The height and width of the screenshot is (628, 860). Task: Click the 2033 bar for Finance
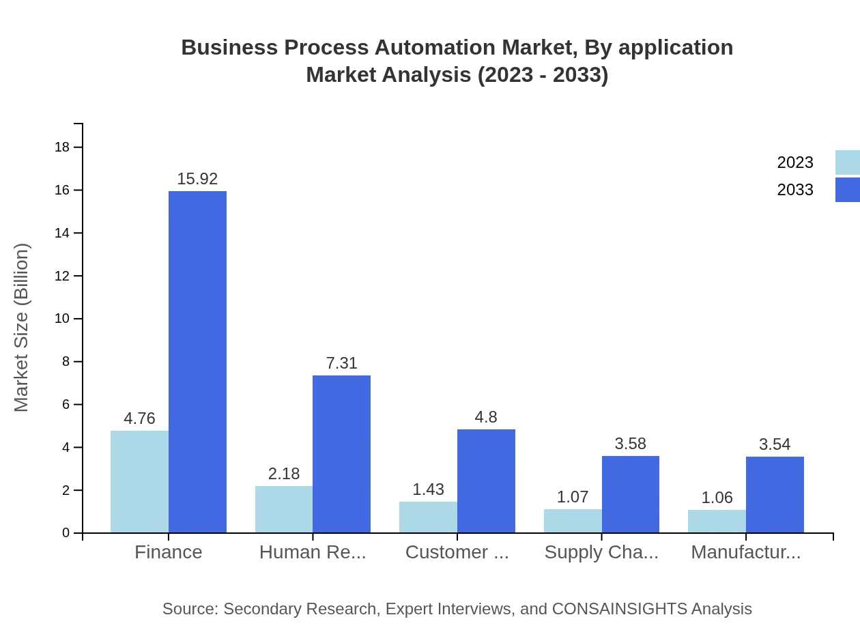tap(197, 362)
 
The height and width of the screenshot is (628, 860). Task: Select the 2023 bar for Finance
tap(139, 481)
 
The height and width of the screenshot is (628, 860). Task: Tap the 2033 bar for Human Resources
tap(341, 454)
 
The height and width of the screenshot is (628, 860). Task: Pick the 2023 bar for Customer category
tap(428, 517)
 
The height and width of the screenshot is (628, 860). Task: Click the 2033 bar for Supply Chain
tap(630, 494)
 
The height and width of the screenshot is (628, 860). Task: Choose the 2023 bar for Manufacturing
tap(717, 521)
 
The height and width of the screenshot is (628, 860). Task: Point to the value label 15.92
tap(197, 179)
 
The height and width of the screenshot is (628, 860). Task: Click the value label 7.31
tap(341, 363)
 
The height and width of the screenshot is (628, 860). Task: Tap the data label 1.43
tap(428, 489)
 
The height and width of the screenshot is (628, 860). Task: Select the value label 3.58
tap(630, 444)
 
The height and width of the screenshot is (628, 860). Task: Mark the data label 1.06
tap(717, 498)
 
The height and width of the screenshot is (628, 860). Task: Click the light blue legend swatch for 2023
tap(848, 162)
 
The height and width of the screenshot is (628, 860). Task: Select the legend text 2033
tap(795, 190)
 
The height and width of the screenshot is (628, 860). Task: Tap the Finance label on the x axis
tap(169, 552)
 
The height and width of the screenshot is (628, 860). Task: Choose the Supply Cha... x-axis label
tap(601, 552)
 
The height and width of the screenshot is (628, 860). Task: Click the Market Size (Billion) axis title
tap(22, 328)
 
